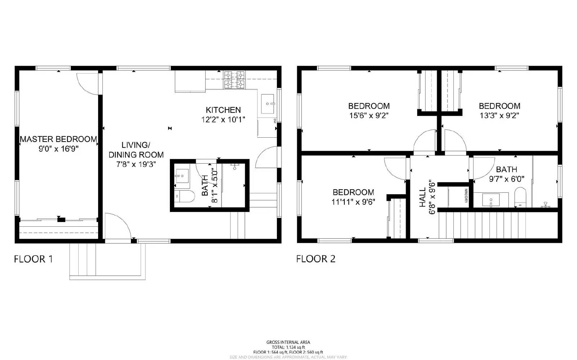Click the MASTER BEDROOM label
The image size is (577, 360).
(58, 139)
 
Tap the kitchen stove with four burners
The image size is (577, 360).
(234, 80)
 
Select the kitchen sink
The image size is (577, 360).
(267, 104)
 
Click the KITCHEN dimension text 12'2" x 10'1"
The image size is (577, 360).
(223, 120)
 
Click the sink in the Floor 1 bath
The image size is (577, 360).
(182, 176)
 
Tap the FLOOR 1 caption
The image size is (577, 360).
(34, 259)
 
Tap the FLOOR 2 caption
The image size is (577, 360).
(316, 259)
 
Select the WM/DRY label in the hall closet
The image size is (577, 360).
(466, 196)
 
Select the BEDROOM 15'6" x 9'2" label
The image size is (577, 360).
(369, 106)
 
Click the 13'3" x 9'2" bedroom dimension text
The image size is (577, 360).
(499, 116)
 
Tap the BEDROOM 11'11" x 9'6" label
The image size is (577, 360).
(353, 192)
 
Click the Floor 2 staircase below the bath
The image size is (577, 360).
(498, 225)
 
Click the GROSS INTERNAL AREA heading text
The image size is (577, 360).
(288, 342)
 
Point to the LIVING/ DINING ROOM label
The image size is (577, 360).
(136, 150)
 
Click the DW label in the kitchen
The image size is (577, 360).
(275, 121)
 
